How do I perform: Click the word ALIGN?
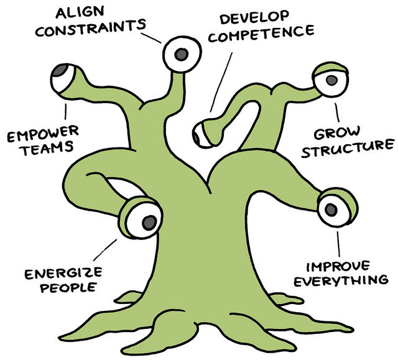point(80,12)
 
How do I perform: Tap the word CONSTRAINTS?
point(90,28)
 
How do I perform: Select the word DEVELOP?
point(254,17)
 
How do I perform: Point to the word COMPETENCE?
point(261,34)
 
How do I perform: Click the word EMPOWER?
point(43,134)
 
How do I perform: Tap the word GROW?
point(337,133)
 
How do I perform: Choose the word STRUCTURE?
point(348,149)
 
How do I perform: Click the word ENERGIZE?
point(63,273)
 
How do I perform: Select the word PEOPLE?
point(68,287)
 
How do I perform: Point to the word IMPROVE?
point(338,267)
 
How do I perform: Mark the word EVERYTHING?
point(341,280)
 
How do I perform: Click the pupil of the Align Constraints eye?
point(181,54)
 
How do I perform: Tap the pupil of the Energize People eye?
point(149,223)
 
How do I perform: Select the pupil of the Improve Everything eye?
point(331,210)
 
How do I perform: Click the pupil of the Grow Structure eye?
point(331,80)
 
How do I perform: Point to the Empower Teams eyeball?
point(62,78)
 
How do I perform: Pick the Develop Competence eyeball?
point(201,134)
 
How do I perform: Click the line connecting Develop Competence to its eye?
point(221,82)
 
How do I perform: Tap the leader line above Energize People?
point(105,250)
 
